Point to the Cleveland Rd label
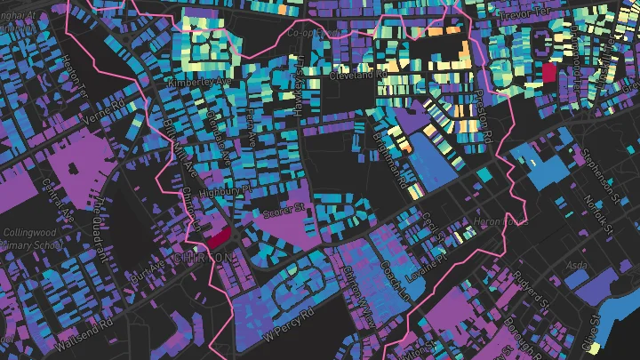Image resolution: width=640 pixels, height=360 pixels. [354, 76]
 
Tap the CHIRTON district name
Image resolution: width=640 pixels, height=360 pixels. [204, 257]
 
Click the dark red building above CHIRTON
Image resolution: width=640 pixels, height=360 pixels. [219, 237]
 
